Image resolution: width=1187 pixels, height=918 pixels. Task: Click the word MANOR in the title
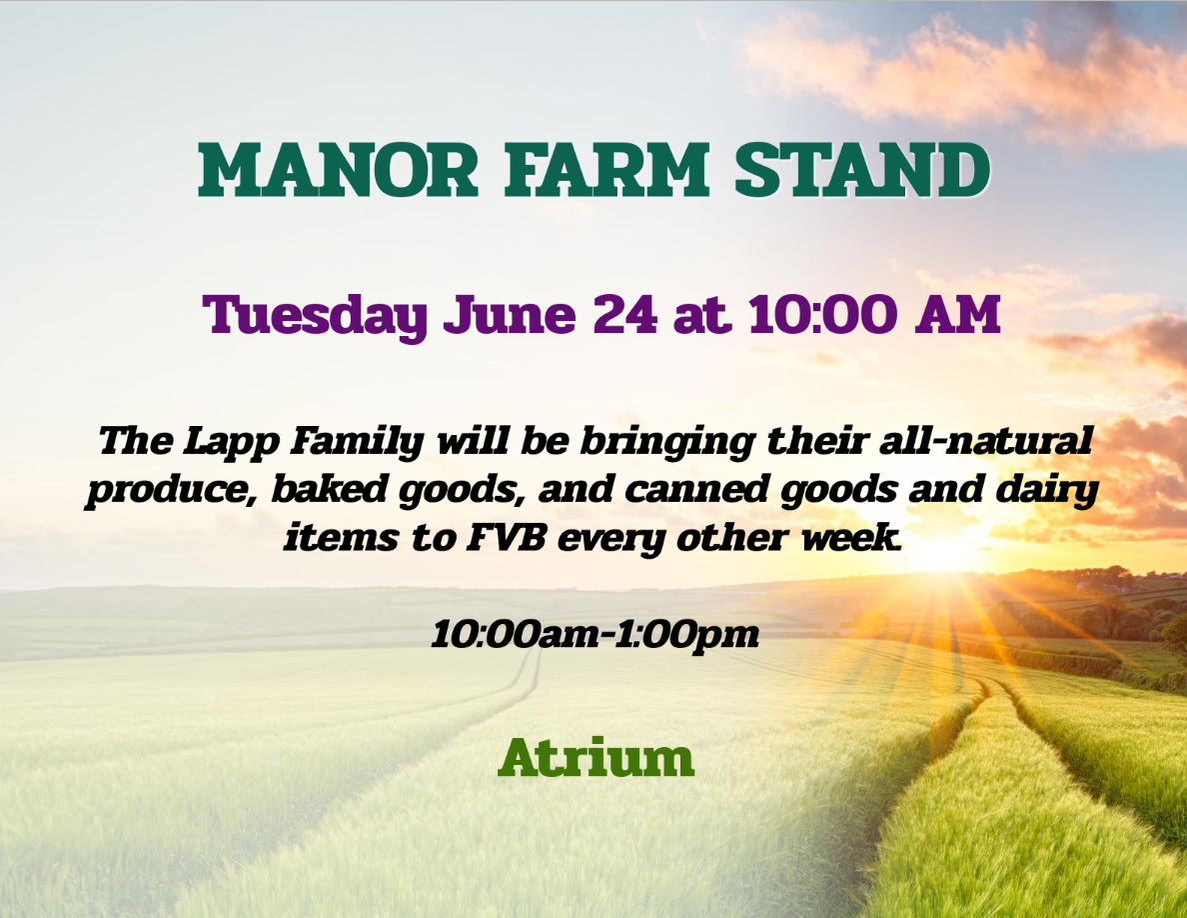coord(338,169)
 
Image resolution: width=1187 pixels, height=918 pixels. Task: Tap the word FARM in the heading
coord(606,169)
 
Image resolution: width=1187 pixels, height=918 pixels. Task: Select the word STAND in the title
coord(862,169)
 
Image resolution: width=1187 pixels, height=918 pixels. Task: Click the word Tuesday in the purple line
coord(315,315)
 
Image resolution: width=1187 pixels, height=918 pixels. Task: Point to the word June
coord(510,315)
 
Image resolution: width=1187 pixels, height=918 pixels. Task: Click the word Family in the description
coord(357,443)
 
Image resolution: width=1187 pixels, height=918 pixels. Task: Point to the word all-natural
coord(985,441)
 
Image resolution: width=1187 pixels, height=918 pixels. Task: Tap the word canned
coord(697,490)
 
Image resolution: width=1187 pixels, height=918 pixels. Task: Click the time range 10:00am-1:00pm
coord(595,634)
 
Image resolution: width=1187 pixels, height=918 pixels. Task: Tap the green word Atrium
coord(595,757)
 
